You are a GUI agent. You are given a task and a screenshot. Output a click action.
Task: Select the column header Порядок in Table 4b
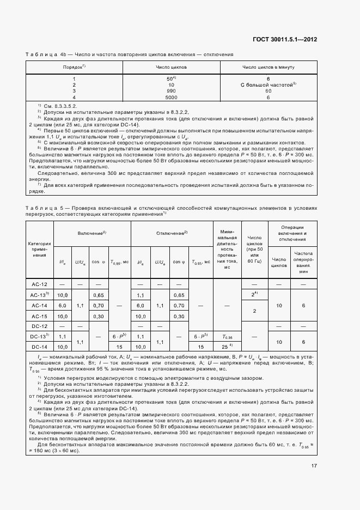click(x=74, y=66)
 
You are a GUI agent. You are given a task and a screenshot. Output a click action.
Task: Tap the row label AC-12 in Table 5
click(x=40, y=284)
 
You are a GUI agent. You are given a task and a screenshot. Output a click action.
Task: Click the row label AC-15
click(x=40, y=316)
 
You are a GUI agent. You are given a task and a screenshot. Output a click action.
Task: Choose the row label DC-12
click(x=40, y=326)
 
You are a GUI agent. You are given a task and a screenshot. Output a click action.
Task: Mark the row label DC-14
click(x=40, y=347)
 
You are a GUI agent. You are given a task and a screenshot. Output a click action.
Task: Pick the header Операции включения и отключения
click(x=292, y=233)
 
